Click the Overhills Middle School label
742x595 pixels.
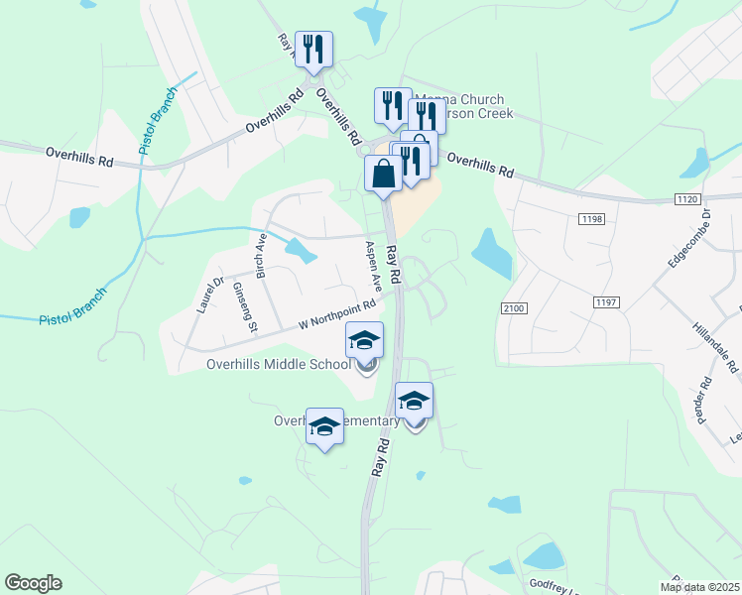point(279,364)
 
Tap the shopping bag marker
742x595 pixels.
point(383,174)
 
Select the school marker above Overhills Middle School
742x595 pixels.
point(365,340)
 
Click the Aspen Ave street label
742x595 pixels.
point(375,266)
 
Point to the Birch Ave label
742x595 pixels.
point(262,255)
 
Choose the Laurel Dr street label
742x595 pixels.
point(212,295)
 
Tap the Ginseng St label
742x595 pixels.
point(245,306)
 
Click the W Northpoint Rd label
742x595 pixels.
point(338,316)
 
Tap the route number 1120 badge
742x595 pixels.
point(687,199)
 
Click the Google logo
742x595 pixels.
point(33,583)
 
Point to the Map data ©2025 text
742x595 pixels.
point(698,587)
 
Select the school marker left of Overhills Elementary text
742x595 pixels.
point(324,426)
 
